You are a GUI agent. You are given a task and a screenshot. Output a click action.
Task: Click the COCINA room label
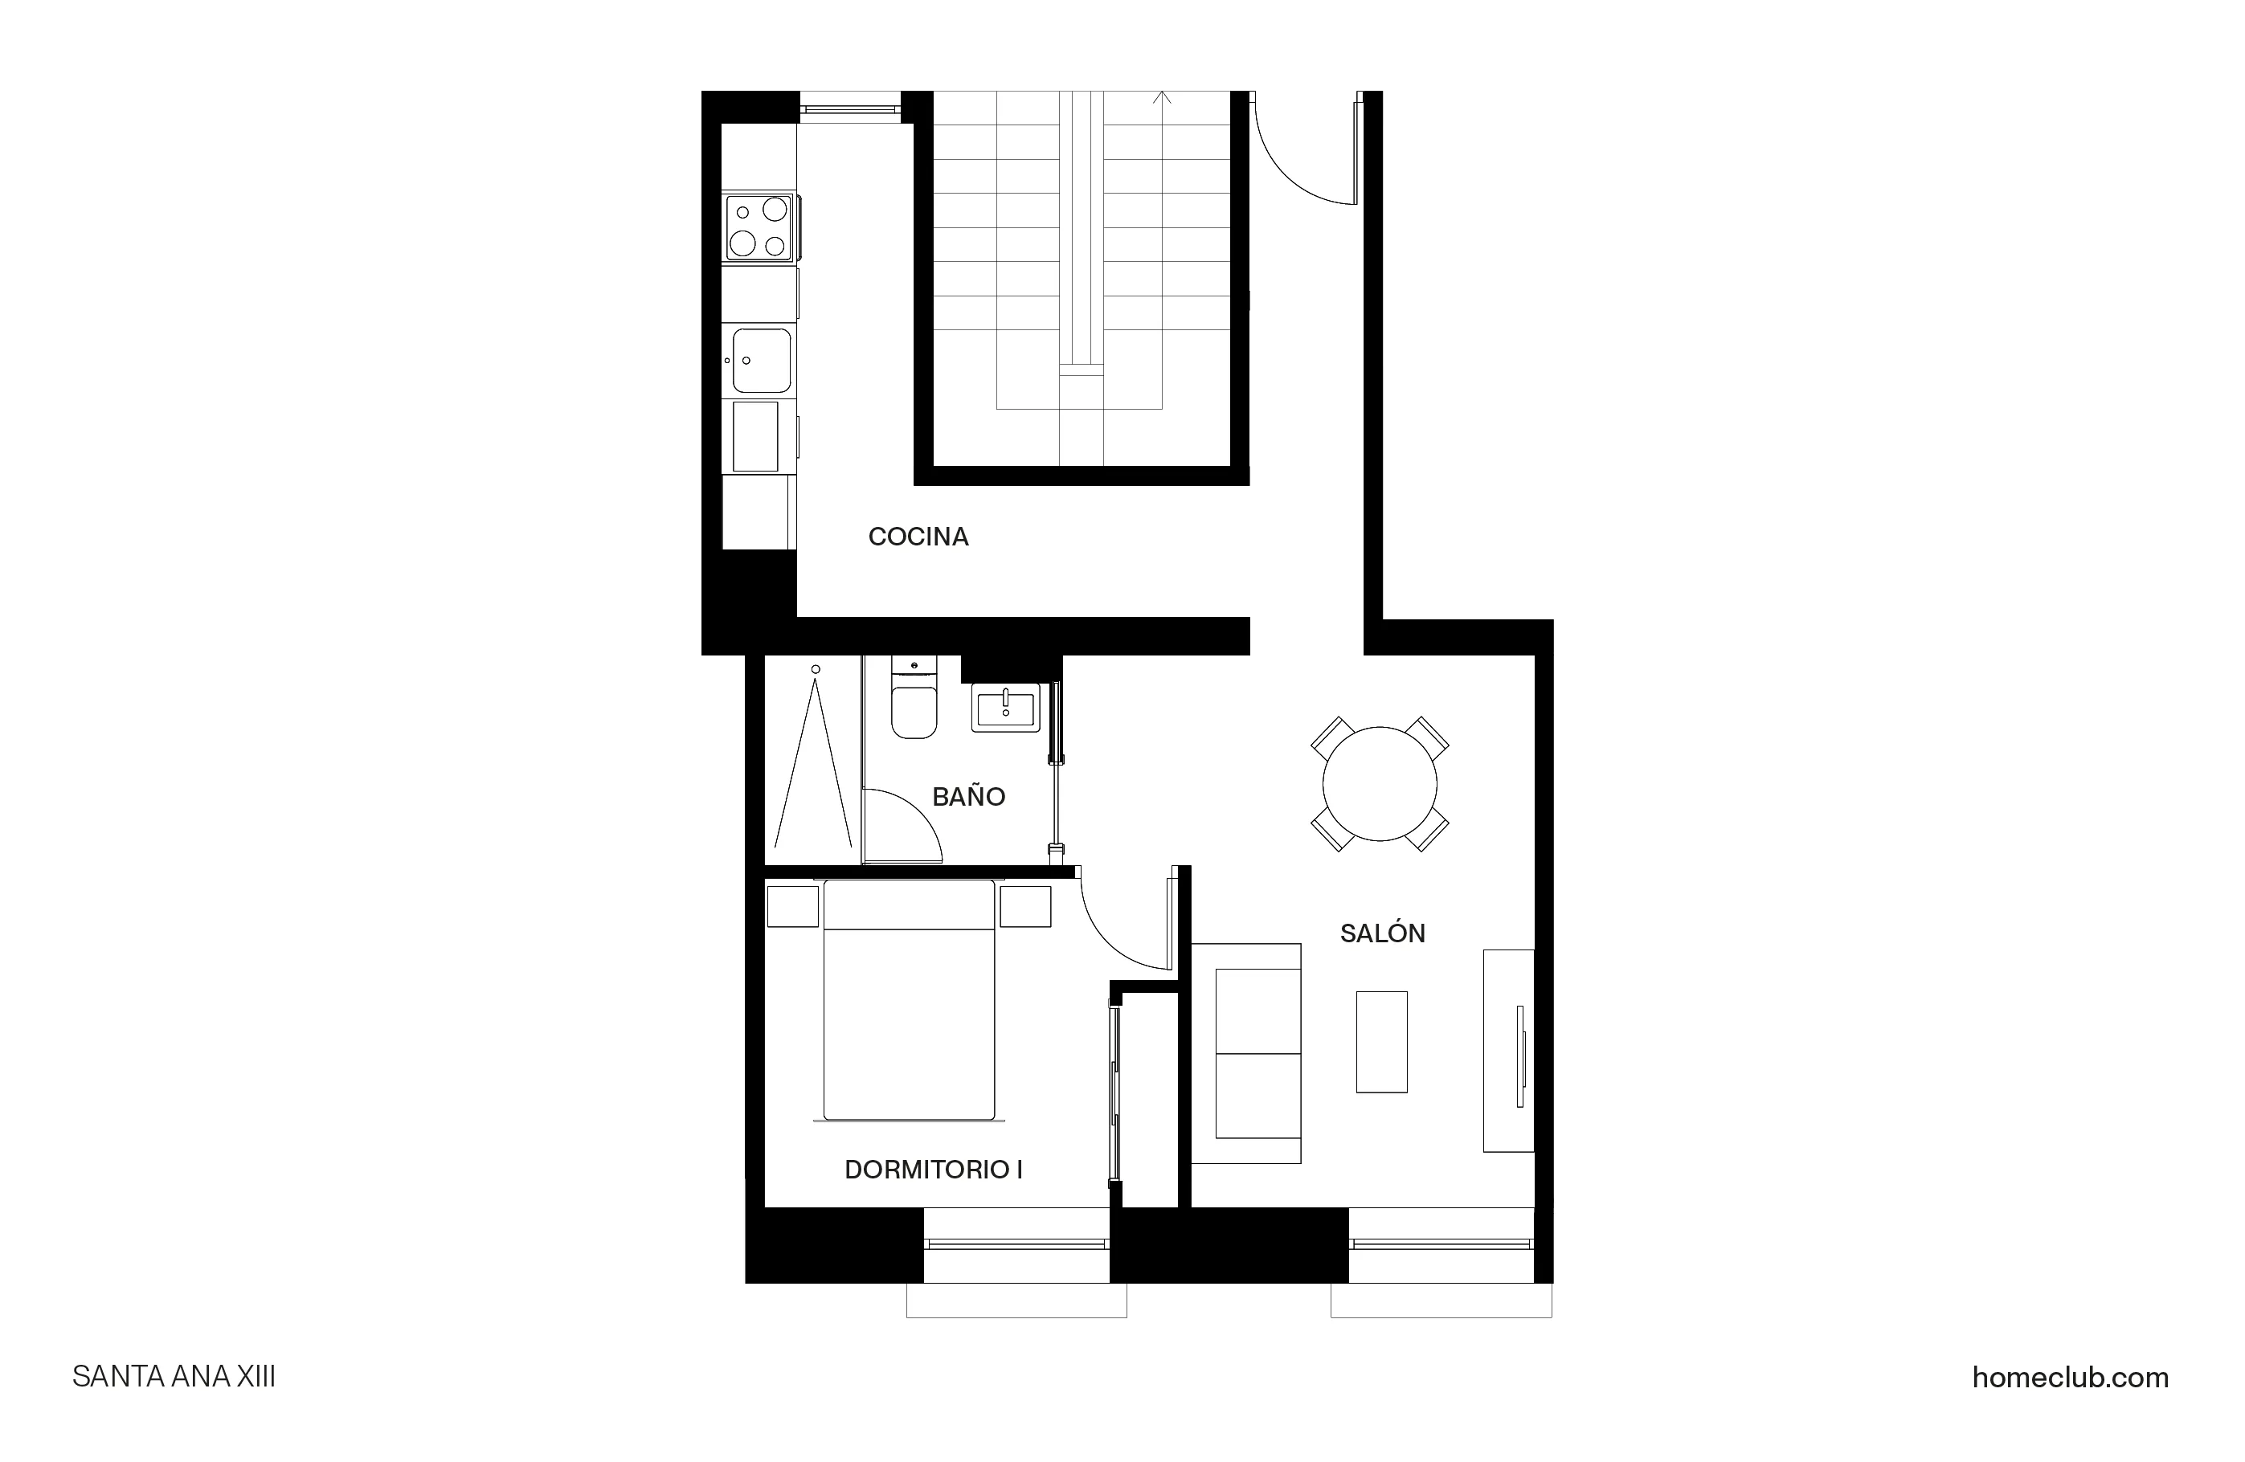click(x=918, y=537)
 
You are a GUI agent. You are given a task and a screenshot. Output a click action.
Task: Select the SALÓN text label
click(x=1382, y=933)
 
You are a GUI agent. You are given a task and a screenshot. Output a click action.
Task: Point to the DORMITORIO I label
click(x=933, y=1170)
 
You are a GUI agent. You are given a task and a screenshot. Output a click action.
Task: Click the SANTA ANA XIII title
click(x=174, y=1377)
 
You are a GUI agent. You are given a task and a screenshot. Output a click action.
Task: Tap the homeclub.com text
click(x=2070, y=1377)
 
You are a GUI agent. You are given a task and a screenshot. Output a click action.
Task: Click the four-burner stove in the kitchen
click(x=759, y=227)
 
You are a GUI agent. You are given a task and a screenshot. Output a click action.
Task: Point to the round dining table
click(x=1379, y=784)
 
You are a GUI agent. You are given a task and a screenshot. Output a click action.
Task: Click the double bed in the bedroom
click(x=909, y=1000)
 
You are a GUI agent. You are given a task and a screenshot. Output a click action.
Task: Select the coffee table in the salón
click(x=1382, y=1041)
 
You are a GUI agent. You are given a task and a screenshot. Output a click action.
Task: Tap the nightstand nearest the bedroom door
click(x=1025, y=905)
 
